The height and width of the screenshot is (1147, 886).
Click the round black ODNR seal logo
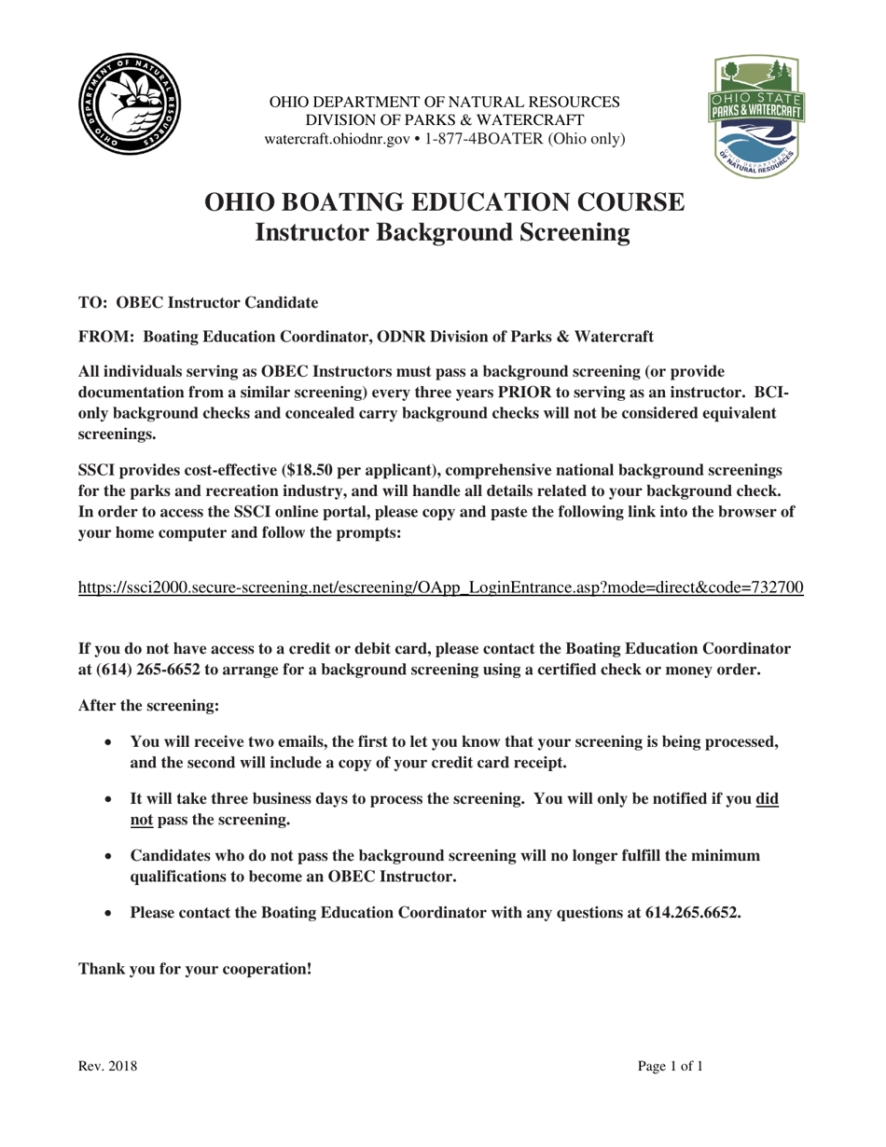click(130, 104)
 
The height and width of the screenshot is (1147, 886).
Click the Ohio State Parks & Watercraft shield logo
click(757, 117)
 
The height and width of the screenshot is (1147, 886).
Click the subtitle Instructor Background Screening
click(443, 232)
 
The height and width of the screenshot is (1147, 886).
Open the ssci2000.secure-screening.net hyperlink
click(441, 587)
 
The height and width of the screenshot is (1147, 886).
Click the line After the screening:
click(148, 705)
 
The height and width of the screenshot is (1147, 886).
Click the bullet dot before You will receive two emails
click(110, 742)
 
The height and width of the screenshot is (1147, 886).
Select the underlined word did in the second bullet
click(767, 799)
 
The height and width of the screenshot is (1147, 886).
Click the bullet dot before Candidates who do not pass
click(110, 856)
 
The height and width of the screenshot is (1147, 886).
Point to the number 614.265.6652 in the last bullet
click(692, 913)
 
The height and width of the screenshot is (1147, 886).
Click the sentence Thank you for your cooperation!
click(195, 968)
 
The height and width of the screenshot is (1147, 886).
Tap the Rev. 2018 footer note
click(107, 1066)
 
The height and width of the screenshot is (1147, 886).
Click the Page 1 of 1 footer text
click(670, 1066)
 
